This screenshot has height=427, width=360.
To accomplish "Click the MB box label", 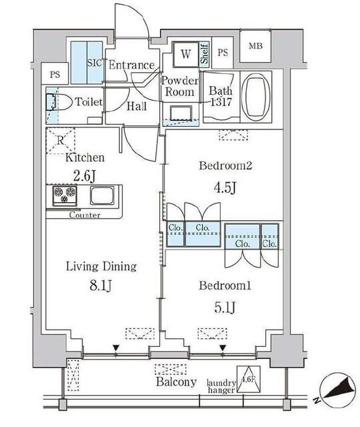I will pyautogui.click(x=256, y=46).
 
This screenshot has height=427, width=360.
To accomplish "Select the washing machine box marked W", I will pyautogui.click(x=185, y=53).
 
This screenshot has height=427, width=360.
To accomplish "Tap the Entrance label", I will pyautogui.click(x=131, y=65).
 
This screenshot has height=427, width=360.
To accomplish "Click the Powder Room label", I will pyautogui.click(x=179, y=86).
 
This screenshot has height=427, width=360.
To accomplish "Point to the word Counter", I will pyautogui.click(x=85, y=216).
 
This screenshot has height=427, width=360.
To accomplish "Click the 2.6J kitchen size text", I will pyautogui.click(x=84, y=175).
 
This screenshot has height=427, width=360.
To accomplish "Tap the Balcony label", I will pyautogui.click(x=177, y=382).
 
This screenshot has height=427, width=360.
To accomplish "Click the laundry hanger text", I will pyautogui.click(x=221, y=387).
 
